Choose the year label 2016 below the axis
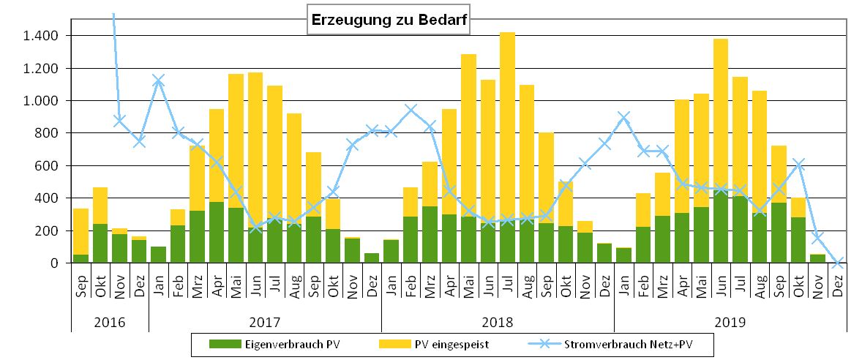pyautogui.click(x=110, y=321)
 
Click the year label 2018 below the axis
pyautogui.click(x=498, y=321)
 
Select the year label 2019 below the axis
pyautogui.click(x=730, y=321)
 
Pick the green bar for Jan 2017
pyautogui.click(x=158, y=255)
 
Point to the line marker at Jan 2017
pyautogui.click(x=158, y=80)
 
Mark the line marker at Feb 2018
pyautogui.click(x=410, y=110)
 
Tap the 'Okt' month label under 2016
pyautogui.click(x=100, y=285)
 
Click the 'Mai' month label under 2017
pyautogui.click(x=236, y=285)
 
